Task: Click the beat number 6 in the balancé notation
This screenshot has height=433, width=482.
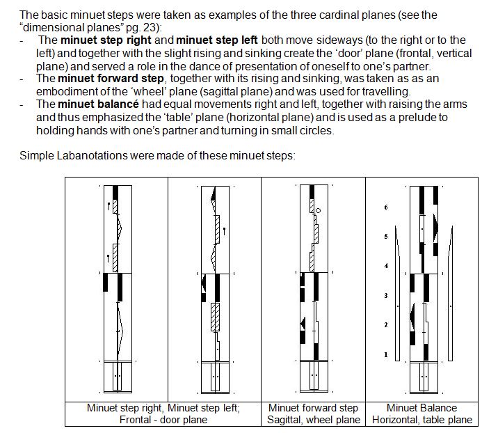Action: point(386,208)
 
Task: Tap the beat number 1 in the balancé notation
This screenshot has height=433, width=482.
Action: point(386,355)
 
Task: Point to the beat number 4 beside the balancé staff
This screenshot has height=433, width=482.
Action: point(386,267)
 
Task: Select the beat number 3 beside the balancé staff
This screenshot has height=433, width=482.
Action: point(386,297)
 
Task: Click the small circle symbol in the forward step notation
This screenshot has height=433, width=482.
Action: point(318,209)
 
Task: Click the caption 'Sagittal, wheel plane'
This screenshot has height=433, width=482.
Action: point(314,420)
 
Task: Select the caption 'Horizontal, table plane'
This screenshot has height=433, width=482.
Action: point(421,420)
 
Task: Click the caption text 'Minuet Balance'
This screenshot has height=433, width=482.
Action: point(421,408)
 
